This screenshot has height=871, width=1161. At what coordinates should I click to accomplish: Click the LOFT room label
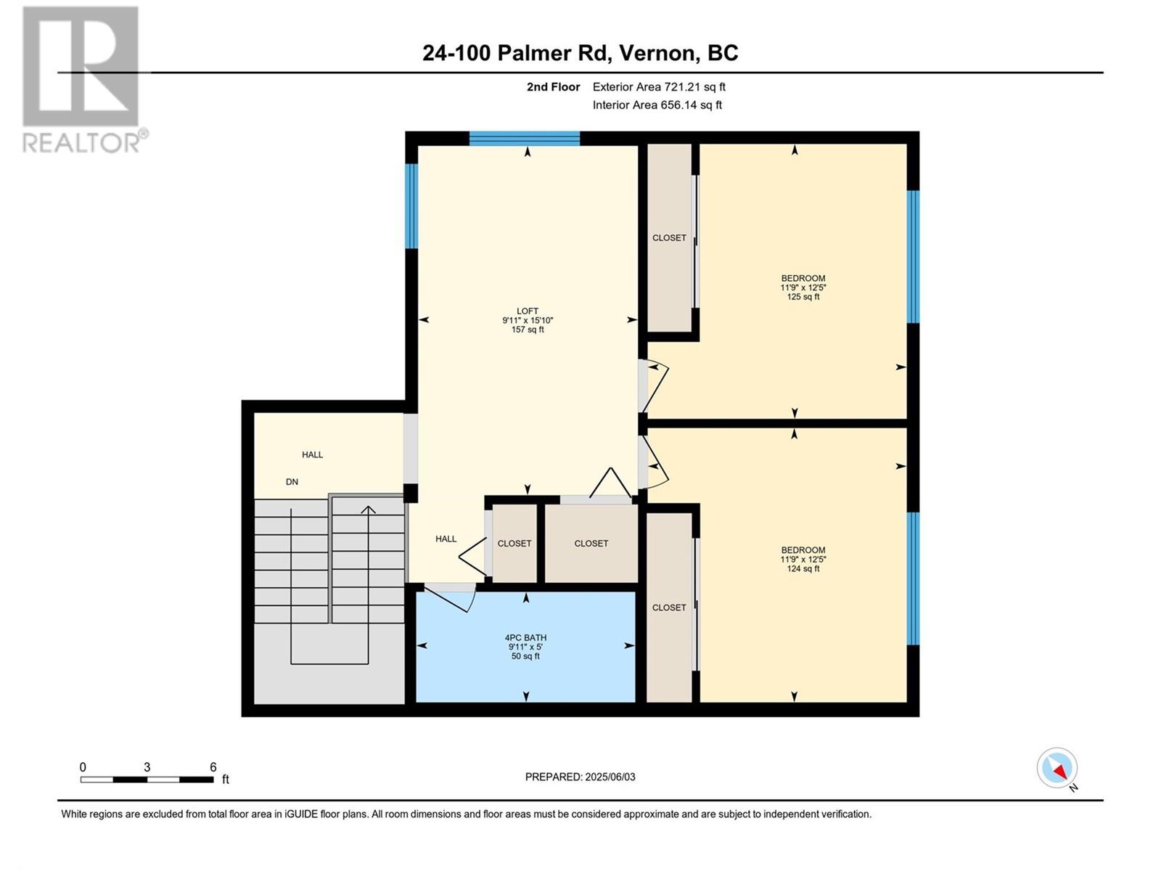(x=528, y=311)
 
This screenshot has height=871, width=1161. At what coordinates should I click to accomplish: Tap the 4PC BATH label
(x=525, y=638)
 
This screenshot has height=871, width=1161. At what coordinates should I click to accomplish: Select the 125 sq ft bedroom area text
(x=803, y=297)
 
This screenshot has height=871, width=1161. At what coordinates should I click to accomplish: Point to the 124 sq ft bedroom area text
(x=803, y=568)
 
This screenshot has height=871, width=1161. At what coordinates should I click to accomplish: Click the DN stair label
(x=292, y=482)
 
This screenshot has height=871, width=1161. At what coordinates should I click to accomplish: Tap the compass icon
(x=1057, y=768)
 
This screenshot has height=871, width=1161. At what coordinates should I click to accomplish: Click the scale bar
(x=147, y=780)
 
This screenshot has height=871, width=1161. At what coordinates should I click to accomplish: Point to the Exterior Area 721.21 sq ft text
(x=659, y=86)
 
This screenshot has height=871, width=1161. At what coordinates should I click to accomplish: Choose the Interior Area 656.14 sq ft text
(x=657, y=105)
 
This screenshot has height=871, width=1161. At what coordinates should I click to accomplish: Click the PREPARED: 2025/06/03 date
(x=580, y=777)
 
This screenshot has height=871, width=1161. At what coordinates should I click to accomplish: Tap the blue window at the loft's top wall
(x=525, y=138)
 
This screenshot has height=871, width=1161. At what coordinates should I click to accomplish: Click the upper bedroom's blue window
(x=913, y=256)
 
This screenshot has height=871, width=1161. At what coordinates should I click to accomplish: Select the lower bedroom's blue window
(x=913, y=578)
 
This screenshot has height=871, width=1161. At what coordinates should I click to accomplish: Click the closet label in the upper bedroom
(x=669, y=238)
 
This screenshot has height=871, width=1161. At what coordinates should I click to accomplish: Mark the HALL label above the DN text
(x=312, y=454)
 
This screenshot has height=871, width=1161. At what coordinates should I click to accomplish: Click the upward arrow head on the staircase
(x=368, y=510)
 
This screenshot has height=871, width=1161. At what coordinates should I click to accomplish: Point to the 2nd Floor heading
(x=553, y=86)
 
